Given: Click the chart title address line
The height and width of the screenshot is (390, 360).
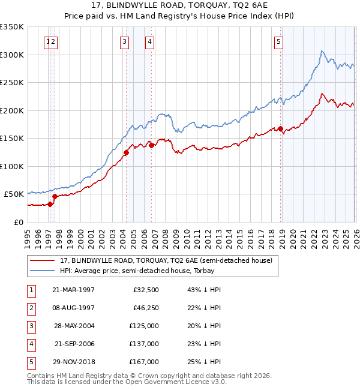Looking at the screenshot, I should pos(180,6).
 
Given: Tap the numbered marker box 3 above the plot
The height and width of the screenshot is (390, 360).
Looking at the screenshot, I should pos(124,41).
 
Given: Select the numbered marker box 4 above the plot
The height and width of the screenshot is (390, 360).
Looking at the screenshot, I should pos(149,41).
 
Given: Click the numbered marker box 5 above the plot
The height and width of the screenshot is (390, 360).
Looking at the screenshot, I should pos(279,41).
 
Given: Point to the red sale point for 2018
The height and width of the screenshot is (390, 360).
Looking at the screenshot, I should pos(280,128).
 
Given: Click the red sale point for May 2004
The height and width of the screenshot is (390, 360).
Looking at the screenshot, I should pos(126,152).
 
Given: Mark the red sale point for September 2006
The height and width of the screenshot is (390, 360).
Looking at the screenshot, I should pos(151,145).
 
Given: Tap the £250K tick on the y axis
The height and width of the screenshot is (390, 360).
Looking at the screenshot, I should pos(12,83).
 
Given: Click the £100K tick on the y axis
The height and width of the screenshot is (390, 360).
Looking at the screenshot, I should pos(12,166).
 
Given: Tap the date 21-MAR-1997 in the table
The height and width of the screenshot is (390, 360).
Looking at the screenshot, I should pos(74,290).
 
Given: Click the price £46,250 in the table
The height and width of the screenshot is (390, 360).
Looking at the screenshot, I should pos(146,308).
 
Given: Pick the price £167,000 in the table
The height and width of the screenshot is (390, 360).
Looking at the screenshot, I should pos(144,362).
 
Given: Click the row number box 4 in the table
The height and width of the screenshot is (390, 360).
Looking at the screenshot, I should pos(30,344).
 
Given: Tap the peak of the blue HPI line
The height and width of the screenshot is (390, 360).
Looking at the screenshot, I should pos(322,51).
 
